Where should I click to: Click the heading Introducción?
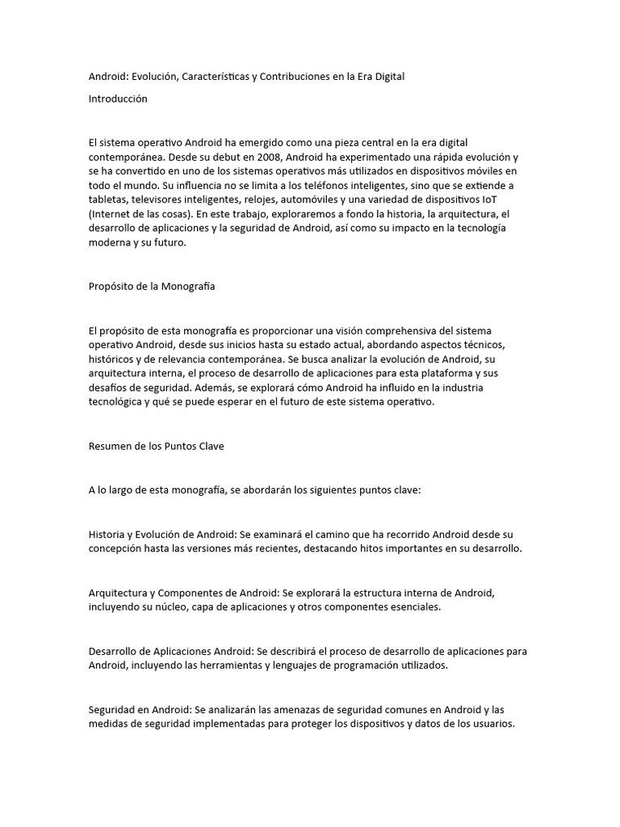pyautogui.click(x=118, y=99)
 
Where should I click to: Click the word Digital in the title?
pyautogui.click(x=386, y=77)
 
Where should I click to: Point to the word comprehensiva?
pyautogui.click(x=403, y=331)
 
